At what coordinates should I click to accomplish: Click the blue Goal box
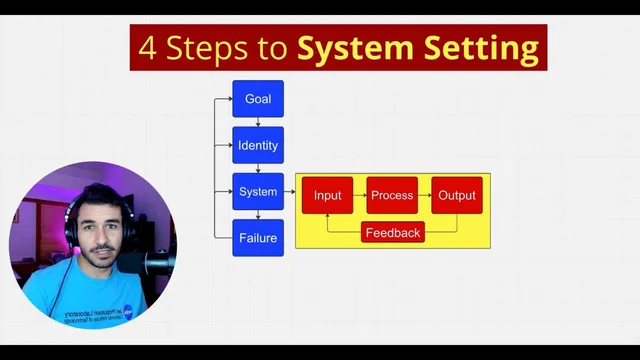[x=258, y=99]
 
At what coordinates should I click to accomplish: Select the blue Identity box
[x=258, y=146]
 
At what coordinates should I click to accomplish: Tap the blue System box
[x=258, y=191]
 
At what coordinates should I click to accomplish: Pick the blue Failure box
[x=258, y=238]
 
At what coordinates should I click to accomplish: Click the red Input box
[x=328, y=195]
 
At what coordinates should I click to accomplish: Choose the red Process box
[x=392, y=195]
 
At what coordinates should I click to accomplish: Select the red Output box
[x=457, y=195]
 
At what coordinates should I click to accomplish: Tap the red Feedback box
[x=393, y=233]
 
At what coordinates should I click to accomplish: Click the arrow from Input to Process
[x=360, y=195]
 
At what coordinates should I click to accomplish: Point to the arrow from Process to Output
[x=425, y=195]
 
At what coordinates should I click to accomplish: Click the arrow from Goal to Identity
[x=258, y=122]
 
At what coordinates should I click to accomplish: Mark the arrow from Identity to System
[x=258, y=169]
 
